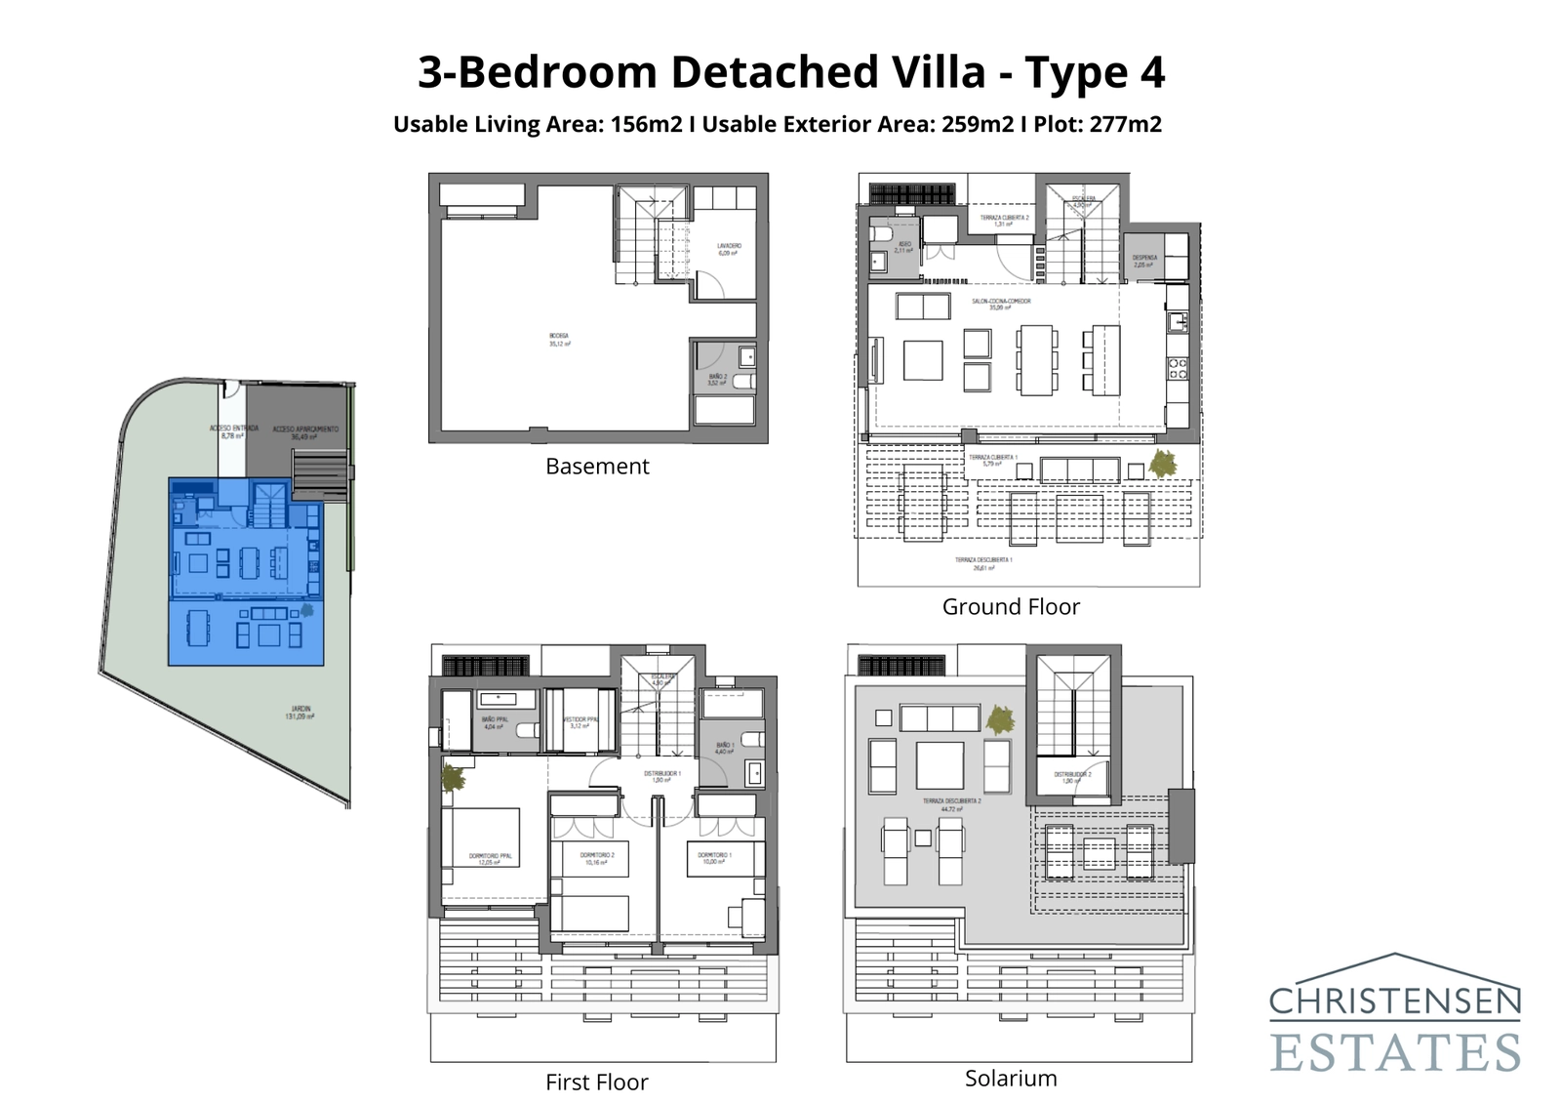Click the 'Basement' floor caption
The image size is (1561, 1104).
[x=597, y=467]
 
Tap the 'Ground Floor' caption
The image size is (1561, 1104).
[x=1011, y=607]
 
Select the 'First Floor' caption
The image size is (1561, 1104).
[x=596, y=1083]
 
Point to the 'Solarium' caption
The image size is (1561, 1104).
[x=1011, y=1079]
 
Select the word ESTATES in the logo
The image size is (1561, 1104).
[x=1394, y=1053]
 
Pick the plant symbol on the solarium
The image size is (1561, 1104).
[x=999, y=720]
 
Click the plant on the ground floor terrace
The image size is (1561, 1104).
[x=1162, y=463]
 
